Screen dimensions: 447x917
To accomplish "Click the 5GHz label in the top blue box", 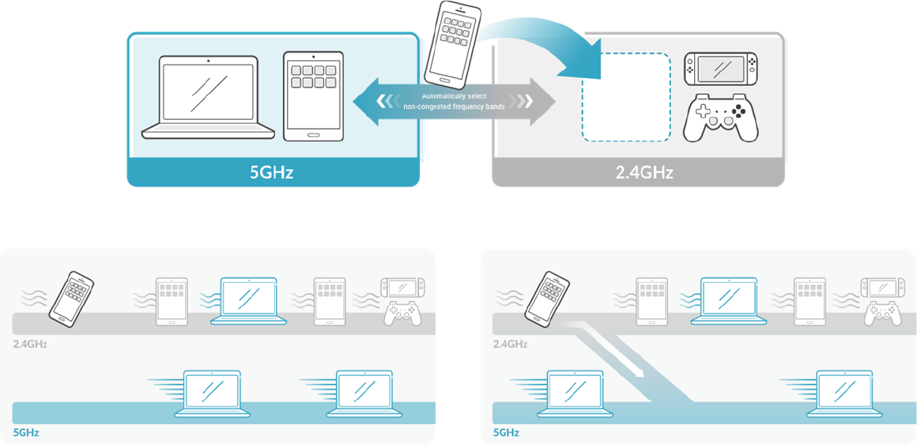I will [x=271, y=171].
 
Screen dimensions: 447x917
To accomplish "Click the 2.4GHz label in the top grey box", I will [x=643, y=171].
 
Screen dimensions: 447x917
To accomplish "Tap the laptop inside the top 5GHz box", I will [x=209, y=98].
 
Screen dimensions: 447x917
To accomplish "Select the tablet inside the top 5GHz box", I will [x=313, y=96].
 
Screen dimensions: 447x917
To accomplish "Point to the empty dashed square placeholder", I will [x=626, y=97].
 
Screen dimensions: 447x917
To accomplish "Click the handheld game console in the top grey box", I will [x=720, y=69].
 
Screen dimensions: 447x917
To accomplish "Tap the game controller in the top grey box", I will [x=720, y=118].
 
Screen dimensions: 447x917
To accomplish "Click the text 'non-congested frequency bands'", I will [x=454, y=106].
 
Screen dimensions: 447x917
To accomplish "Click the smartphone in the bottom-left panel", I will [x=71, y=299].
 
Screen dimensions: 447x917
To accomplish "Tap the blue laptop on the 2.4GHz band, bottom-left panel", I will [x=249, y=301].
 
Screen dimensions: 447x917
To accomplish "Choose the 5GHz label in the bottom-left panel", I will [x=25, y=433].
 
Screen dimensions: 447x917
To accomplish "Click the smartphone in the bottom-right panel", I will [x=548, y=299].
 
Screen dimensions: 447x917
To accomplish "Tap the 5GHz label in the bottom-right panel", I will [x=505, y=433].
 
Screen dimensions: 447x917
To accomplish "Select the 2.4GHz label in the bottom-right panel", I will [x=510, y=344].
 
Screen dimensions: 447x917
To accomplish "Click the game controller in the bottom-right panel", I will [x=881, y=314].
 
